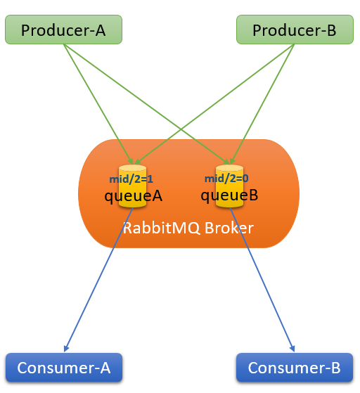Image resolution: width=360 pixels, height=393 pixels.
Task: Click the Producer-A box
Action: click(64, 30)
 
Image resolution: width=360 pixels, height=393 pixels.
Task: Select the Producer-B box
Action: click(295, 30)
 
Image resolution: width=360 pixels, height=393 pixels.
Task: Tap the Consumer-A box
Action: click(64, 368)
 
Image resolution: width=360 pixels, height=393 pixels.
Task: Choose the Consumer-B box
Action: click(295, 368)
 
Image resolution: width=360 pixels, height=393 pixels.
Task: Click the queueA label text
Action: click(134, 196)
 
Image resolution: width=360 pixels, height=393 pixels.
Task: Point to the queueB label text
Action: click(229, 195)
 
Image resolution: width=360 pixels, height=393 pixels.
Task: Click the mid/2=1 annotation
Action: click(131, 179)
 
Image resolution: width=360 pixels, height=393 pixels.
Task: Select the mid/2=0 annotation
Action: click(226, 179)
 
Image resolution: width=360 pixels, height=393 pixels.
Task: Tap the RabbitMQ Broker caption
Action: click(188, 228)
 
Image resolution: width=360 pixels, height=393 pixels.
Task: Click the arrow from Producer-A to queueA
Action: click(98, 104)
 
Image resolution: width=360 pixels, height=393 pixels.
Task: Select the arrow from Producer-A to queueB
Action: click(147, 105)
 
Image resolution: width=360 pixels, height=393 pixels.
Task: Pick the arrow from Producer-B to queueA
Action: click(214, 105)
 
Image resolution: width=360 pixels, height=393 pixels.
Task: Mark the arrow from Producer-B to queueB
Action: click(262, 104)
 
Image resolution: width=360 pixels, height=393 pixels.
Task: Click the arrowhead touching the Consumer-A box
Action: click(66, 349)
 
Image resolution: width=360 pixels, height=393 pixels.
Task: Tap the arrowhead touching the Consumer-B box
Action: click(292, 349)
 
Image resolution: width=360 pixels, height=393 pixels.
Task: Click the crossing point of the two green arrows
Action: click(181, 129)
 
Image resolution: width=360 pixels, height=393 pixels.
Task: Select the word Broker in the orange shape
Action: click(229, 228)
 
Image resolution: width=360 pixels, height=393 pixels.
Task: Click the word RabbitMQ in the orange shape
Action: click(162, 228)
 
